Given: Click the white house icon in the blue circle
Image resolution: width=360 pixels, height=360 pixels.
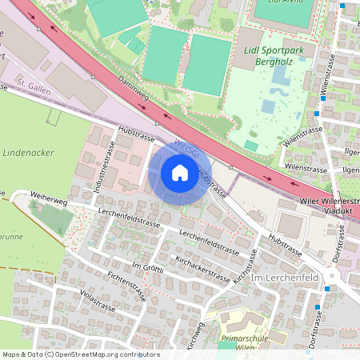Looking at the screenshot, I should tap(180, 172).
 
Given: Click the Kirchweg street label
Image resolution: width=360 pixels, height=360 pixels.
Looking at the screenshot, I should tap(192, 334).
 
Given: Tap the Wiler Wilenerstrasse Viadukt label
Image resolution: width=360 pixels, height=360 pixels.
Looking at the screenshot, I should tap(330, 207).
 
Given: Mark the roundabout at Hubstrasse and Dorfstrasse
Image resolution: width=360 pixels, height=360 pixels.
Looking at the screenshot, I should tap(350, 279).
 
